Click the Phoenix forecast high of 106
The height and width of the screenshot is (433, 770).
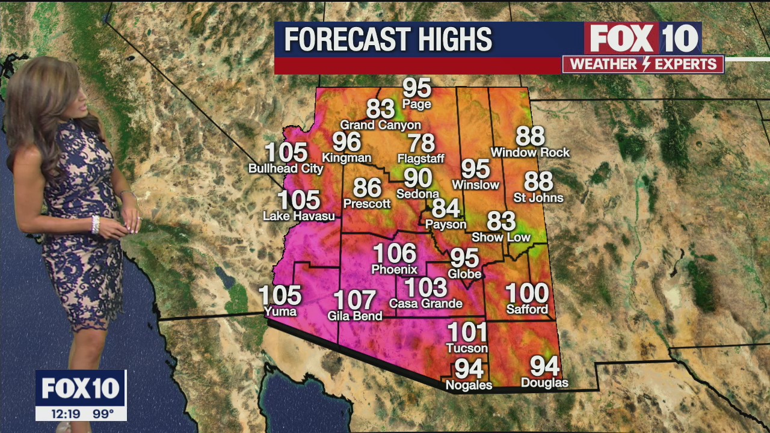coord(394,253)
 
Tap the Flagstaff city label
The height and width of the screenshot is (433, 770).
coord(420,159)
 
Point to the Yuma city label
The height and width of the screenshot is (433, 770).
coord(280,311)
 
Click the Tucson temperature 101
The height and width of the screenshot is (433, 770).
coord(467,332)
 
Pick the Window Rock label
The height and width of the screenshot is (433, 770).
coord(530,153)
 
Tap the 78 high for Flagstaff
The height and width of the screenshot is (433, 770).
coord(421,143)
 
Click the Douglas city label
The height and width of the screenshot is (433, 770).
coord(544,382)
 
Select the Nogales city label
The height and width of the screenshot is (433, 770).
coord(469,385)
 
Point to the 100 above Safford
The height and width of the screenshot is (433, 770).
coord(527,293)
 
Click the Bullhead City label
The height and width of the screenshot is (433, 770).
coord(286,168)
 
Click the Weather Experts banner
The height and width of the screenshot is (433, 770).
coord(643,64)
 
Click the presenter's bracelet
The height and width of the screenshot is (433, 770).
coord(95,224)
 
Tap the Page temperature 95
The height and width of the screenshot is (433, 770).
coord(417,88)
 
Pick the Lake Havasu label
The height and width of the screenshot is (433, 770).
coord(299,216)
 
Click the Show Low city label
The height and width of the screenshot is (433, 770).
coord(500,237)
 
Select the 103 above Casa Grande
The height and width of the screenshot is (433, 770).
coord(425,287)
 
